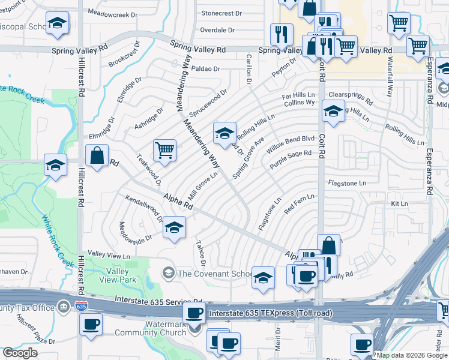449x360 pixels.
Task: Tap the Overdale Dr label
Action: point(220,29)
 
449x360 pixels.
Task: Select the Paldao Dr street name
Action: point(207,69)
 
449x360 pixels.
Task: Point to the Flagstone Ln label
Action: point(346,183)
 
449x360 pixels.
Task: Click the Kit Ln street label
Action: point(399,204)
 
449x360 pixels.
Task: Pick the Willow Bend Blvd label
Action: point(291,142)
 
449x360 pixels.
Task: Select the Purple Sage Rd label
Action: point(291,158)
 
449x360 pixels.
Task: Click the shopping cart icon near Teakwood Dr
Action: point(164,151)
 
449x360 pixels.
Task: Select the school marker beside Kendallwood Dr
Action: point(174,228)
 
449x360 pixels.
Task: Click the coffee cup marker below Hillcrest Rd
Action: point(91,325)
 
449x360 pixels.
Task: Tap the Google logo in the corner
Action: point(20,353)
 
